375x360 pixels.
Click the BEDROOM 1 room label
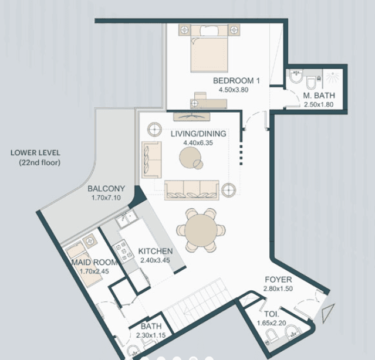(236, 81)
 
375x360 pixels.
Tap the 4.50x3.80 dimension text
(234, 90)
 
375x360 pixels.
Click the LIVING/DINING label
(198, 134)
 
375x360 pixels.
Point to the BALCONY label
(106, 189)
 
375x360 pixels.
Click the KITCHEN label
(156, 251)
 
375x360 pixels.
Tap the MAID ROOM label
(94, 262)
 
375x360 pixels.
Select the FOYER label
(278, 280)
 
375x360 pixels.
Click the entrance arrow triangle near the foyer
(326, 312)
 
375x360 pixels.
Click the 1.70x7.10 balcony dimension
(106, 198)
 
